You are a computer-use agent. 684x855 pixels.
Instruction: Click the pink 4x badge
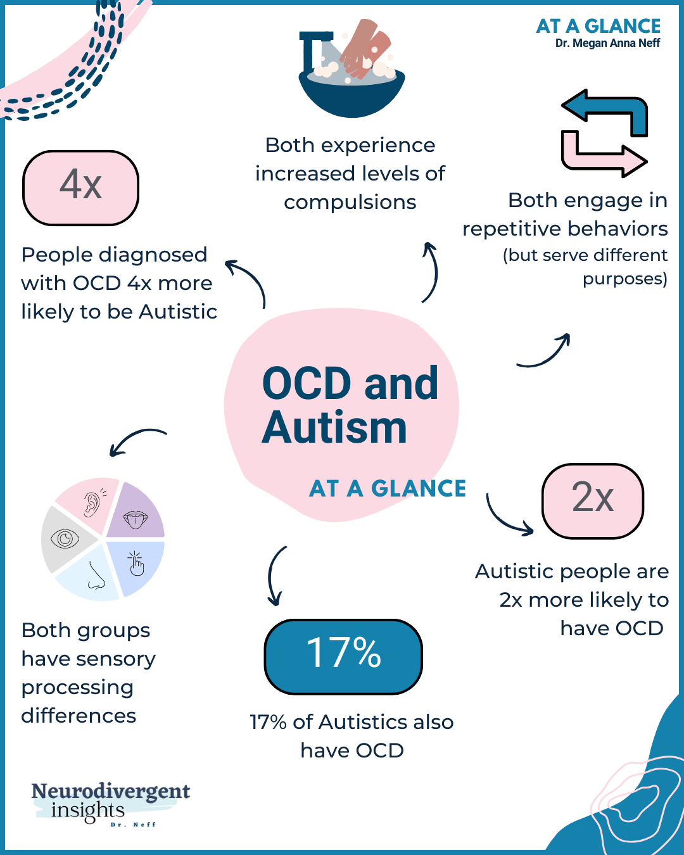coord(80,188)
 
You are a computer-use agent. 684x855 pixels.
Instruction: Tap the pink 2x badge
coord(593,500)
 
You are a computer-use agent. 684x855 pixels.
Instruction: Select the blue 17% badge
coord(343,656)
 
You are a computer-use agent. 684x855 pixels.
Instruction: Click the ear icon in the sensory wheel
coord(92,503)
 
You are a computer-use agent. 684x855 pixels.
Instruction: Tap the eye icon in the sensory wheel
coord(65,539)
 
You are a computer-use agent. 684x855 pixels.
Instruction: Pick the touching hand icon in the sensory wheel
coord(136,563)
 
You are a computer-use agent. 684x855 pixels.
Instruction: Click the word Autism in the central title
coord(334,428)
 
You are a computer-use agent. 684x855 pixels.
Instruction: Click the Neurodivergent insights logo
coord(110,803)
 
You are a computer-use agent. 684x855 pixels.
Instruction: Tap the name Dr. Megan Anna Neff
coord(607,43)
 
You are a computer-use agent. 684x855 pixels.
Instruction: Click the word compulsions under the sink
coord(350,202)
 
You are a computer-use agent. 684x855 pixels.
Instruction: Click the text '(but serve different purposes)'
coord(586,267)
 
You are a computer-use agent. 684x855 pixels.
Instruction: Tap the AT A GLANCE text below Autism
coord(388,489)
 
